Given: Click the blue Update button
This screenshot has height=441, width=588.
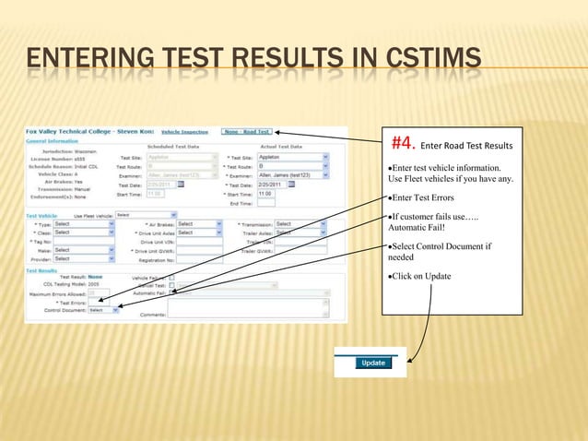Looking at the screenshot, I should click(x=372, y=363).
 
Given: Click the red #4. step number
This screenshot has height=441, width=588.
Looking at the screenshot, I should click(x=405, y=144).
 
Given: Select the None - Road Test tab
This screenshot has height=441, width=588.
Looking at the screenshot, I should click(x=246, y=132).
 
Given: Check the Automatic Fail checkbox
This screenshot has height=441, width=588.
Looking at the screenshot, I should click(x=172, y=293).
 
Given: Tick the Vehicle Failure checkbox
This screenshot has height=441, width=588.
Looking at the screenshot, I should click(x=172, y=277).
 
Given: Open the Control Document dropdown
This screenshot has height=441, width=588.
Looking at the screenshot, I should click(x=103, y=311).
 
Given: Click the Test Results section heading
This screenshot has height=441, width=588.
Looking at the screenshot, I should click(x=42, y=270).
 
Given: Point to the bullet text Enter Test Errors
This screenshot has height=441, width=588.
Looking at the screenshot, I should click(x=424, y=198).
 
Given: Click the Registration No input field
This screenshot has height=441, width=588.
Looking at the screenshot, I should click(x=200, y=259).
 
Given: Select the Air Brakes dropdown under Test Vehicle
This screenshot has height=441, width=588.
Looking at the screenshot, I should click(x=199, y=224).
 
